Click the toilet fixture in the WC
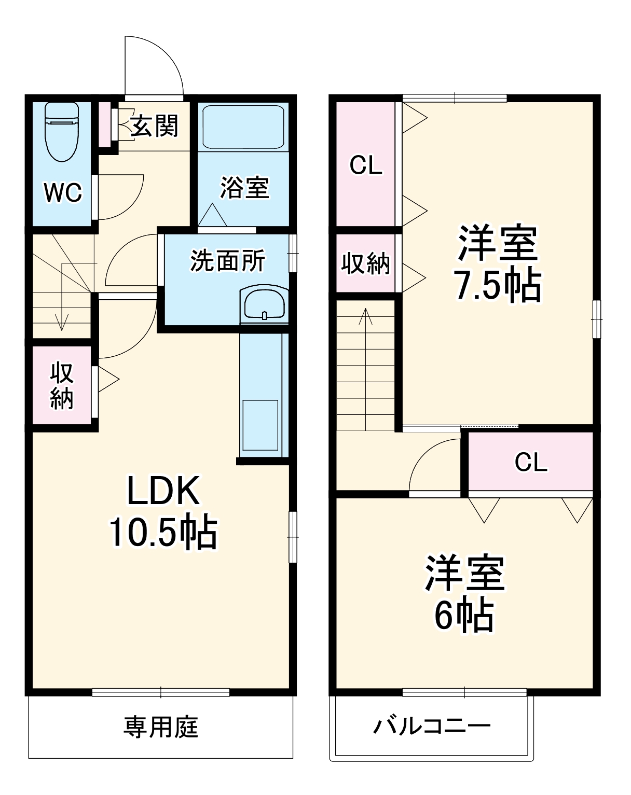point(62,132)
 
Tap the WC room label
point(63,192)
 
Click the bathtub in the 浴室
point(243,128)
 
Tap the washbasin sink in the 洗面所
point(264,304)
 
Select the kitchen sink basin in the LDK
point(260,425)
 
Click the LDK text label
point(163,491)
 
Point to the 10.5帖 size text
point(163,531)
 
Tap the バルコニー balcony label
point(432,727)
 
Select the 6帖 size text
point(464,616)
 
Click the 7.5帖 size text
point(497,285)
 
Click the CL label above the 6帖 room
point(531,462)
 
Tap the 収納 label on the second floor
point(365,263)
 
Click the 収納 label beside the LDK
point(62,386)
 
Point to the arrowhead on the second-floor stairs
point(366,316)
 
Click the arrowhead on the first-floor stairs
point(62,322)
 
